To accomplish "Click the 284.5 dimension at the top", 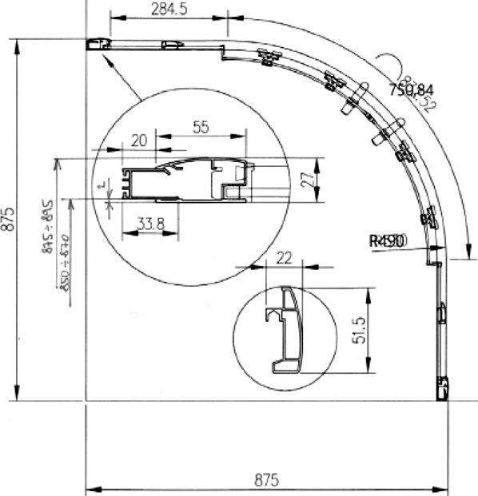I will [x=169, y=9].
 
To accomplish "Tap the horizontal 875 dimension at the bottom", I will [x=266, y=479].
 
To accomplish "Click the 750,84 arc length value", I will [x=411, y=89].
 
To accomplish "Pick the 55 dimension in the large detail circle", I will [x=201, y=126].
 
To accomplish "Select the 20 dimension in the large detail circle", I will [x=138, y=141].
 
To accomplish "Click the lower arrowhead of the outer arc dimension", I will [x=461, y=254].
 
